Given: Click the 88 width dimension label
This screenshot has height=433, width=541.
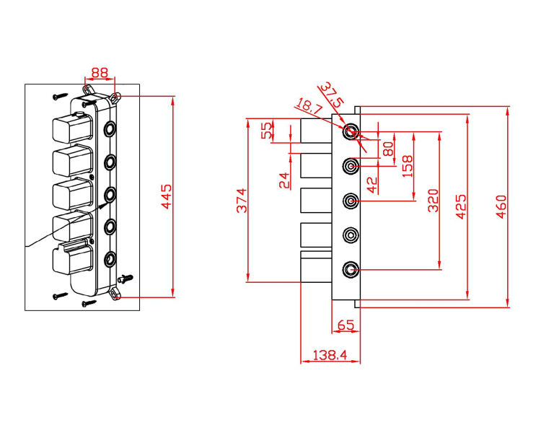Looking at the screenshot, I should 100,72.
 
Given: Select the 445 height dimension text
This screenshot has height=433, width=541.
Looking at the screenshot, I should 166,196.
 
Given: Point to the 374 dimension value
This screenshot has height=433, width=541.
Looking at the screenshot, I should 242,200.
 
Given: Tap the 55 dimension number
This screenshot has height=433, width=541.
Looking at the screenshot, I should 267,131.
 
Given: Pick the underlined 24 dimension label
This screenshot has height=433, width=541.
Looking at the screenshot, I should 284,180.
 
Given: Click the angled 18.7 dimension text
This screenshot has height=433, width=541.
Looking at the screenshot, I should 311,107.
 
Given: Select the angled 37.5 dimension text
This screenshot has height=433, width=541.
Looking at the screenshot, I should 334,92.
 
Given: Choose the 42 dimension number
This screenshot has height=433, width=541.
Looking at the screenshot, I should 372,185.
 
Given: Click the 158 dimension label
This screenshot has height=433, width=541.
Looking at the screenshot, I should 407,167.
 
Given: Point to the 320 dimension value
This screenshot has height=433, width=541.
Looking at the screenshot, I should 433,200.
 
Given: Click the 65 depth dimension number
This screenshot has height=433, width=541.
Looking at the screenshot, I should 346,325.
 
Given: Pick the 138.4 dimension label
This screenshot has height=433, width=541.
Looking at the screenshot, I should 330,355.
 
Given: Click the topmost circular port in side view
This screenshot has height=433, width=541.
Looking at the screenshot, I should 351,131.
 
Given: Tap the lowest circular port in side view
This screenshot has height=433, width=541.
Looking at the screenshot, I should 351,269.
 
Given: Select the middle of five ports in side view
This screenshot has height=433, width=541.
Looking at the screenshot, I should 351,200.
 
